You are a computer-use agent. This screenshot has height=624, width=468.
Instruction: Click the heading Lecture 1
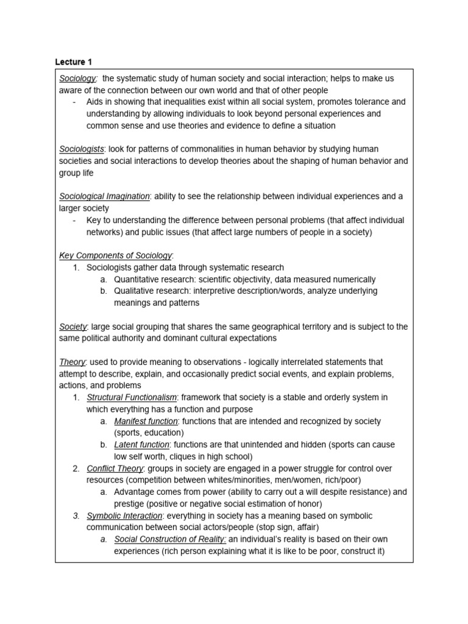(x=73, y=62)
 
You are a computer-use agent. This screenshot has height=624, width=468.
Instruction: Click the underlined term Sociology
(x=77, y=78)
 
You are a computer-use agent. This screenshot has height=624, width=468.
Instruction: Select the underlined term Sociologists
(x=82, y=149)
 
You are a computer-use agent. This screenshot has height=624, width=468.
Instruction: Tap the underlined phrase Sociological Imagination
(x=104, y=196)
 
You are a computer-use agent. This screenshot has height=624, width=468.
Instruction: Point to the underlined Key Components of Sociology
(x=116, y=255)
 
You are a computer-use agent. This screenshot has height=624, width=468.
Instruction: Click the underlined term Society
(x=73, y=327)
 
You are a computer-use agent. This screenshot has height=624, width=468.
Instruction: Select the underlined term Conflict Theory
(x=115, y=469)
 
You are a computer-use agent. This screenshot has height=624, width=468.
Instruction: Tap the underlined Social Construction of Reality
(x=170, y=539)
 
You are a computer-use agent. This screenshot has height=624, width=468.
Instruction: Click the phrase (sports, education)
(x=149, y=433)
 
